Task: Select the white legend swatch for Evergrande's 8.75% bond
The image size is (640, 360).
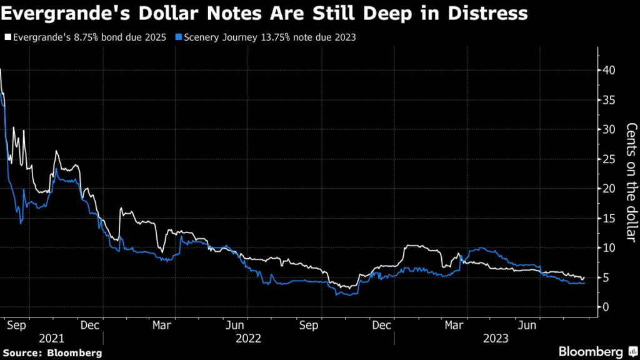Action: (7, 37)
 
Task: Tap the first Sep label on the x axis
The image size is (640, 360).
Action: (19, 325)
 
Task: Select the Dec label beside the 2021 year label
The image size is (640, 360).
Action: (91, 325)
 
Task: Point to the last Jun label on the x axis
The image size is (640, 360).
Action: (529, 325)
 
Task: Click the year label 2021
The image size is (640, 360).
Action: (51, 338)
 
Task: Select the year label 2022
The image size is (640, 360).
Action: (248, 338)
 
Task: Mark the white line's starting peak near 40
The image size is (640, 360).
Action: (1, 70)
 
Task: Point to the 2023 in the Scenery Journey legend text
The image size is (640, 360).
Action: (344, 37)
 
